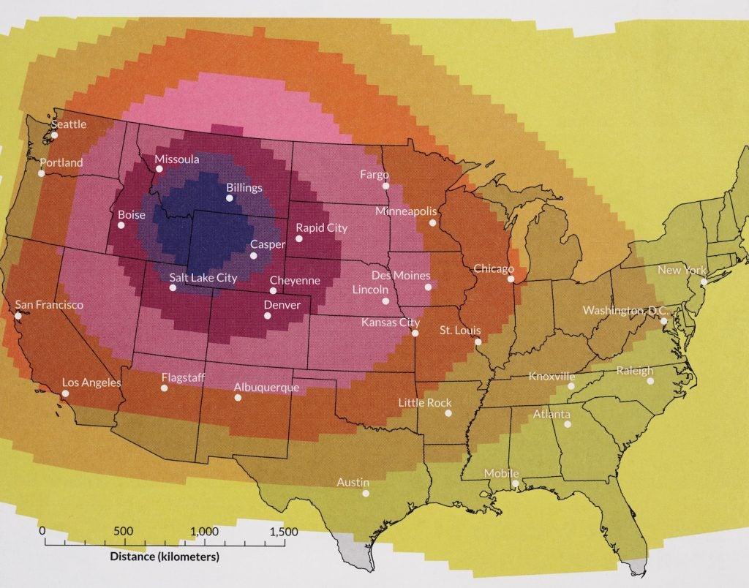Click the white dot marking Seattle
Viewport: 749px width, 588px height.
tap(55, 135)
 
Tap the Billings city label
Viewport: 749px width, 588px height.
tap(244, 188)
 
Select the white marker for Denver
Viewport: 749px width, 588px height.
tap(268, 316)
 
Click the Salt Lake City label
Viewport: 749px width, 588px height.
tap(203, 278)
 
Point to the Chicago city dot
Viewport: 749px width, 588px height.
tap(511, 279)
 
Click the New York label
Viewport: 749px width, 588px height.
tap(682, 271)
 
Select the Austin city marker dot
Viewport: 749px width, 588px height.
tap(366, 493)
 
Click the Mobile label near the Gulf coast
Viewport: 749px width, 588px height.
tap(501, 474)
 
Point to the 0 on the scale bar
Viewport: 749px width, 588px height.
tap(42, 531)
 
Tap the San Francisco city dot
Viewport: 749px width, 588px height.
tap(18, 316)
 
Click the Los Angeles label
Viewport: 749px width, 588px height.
tap(91, 382)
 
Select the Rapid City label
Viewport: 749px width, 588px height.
tap(321, 228)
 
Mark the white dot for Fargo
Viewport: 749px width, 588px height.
tap(385, 186)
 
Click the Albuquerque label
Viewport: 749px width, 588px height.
tap(266, 388)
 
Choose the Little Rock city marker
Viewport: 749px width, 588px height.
tap(447, 412)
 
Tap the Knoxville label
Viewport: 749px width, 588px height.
tap(552, 377)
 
